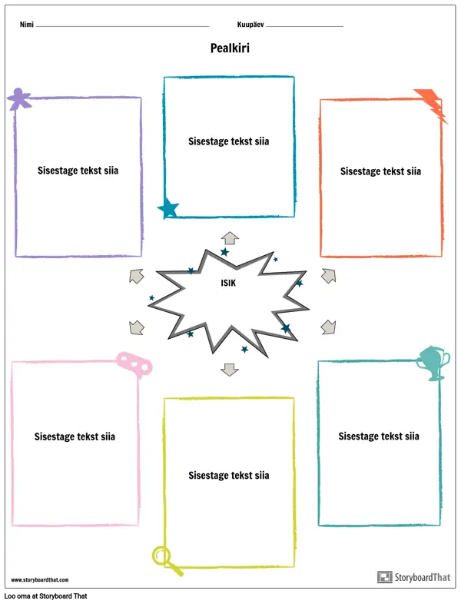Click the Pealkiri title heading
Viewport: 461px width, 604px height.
[230, 48]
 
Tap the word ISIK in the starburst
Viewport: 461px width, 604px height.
[227, 283]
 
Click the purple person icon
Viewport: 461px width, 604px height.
[19, 98]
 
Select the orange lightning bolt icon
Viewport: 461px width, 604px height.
[432, 105]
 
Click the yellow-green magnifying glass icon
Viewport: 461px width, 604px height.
[167, 559]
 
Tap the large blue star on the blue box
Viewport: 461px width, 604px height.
[168, 207]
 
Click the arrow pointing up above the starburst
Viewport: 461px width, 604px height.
[230, 237]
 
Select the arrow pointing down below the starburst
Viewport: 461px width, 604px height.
[230, 369]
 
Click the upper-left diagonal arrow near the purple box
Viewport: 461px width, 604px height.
[137, 276]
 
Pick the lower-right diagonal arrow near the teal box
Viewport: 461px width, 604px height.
[328, 327]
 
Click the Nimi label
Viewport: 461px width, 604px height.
[26, 25]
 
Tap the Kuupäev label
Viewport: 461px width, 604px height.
[251, 25]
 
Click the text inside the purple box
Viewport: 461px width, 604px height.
[78, 171]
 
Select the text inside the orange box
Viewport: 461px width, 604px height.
[380, 171]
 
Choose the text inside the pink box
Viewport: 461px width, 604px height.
[75, 436]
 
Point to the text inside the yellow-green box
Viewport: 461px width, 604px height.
[229, 476]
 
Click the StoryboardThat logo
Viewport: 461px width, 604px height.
[414, 577]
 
